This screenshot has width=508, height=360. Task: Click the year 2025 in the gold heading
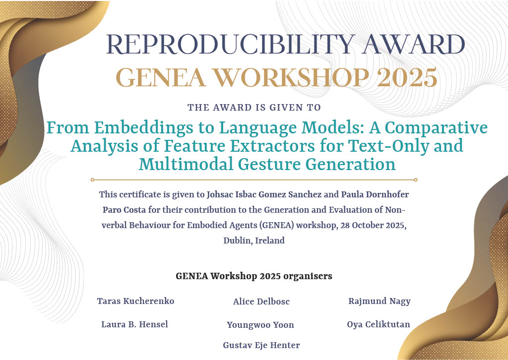point(407,78)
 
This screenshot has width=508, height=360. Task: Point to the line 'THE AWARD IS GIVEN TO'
point(254,108)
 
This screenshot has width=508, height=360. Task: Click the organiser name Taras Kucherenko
point(135,301)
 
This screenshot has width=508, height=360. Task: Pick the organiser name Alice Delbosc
point(261,301)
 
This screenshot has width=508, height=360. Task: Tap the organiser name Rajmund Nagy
point(380,301)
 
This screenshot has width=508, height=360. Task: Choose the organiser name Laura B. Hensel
point(134,324)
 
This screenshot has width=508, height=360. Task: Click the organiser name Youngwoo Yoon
point(260,325)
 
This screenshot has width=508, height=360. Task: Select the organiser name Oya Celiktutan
point(379,324)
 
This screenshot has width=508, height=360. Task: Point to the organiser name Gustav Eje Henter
point(261,345)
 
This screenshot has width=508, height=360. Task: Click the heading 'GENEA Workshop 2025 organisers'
point(254,276)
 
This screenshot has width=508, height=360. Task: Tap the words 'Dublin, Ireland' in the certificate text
point(254,240)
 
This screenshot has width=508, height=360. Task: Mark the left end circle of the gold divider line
point(92,180)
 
